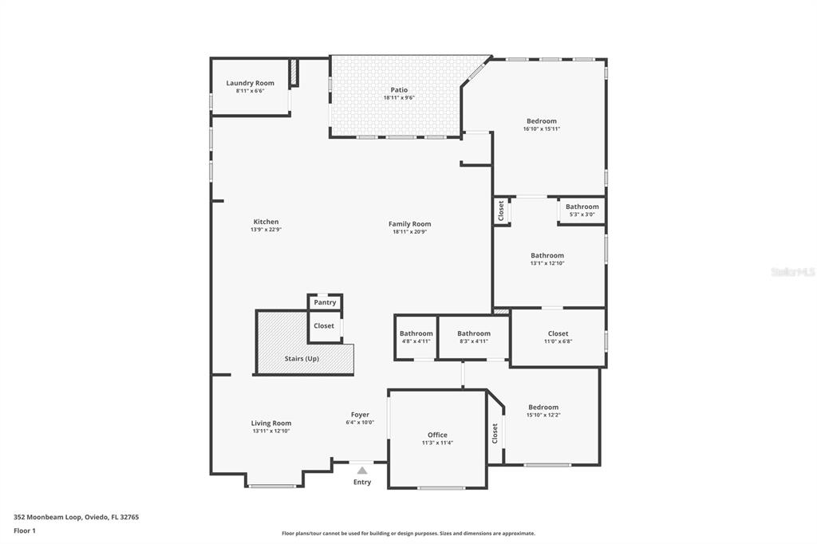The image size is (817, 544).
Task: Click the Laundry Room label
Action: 250,83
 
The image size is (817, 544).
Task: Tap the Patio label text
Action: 399,90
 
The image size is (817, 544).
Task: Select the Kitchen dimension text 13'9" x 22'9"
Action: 266,230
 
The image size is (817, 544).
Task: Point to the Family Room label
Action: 409,224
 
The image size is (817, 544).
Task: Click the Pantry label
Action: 325,302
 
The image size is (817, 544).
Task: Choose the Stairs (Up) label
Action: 302,359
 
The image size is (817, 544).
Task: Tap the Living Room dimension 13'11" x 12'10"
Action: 271,431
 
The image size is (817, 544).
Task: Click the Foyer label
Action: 360,415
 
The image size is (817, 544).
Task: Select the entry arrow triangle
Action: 362,471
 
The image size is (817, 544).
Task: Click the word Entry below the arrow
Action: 362,482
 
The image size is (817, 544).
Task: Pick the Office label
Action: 437,435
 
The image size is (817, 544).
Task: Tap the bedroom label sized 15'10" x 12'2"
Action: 543,407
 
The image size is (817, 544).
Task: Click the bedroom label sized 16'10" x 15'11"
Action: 541,121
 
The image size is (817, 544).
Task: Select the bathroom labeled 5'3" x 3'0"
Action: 582,207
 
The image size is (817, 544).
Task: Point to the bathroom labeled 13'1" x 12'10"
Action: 547,256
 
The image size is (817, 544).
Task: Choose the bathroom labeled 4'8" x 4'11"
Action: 416,333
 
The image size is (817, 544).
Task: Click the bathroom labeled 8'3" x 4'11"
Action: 474,333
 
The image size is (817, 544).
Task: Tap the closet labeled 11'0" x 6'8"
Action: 558,333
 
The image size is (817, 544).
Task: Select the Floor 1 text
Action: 25,530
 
